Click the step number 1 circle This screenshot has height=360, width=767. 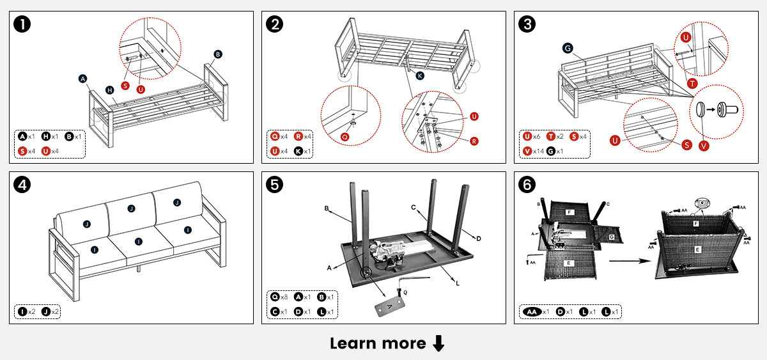pyautogui.click(x=24, y=25)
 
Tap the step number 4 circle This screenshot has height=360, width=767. pyautogui.click(x=24, y=185)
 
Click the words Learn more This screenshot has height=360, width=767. pyautogui.click(x=378, y=343)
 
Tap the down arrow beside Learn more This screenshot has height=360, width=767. pyautogui.click(x=438, y=343)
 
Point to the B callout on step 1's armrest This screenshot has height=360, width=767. pyautogui.click(x=218, y=54)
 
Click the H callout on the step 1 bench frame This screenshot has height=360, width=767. pyautogui.click(x=109, y=90)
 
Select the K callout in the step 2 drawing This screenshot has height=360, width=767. pyautogui.click(x=420, y=75)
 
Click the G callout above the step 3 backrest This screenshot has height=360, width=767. pyautogui.click(x=567, y=48)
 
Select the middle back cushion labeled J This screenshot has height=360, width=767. pyautogui.click(x=131, y=208)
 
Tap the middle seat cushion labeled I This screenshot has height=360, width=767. pyautogui.click(x=139, y=241)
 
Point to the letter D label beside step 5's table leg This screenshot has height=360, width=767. pyautogui.click(x=478, y=238)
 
